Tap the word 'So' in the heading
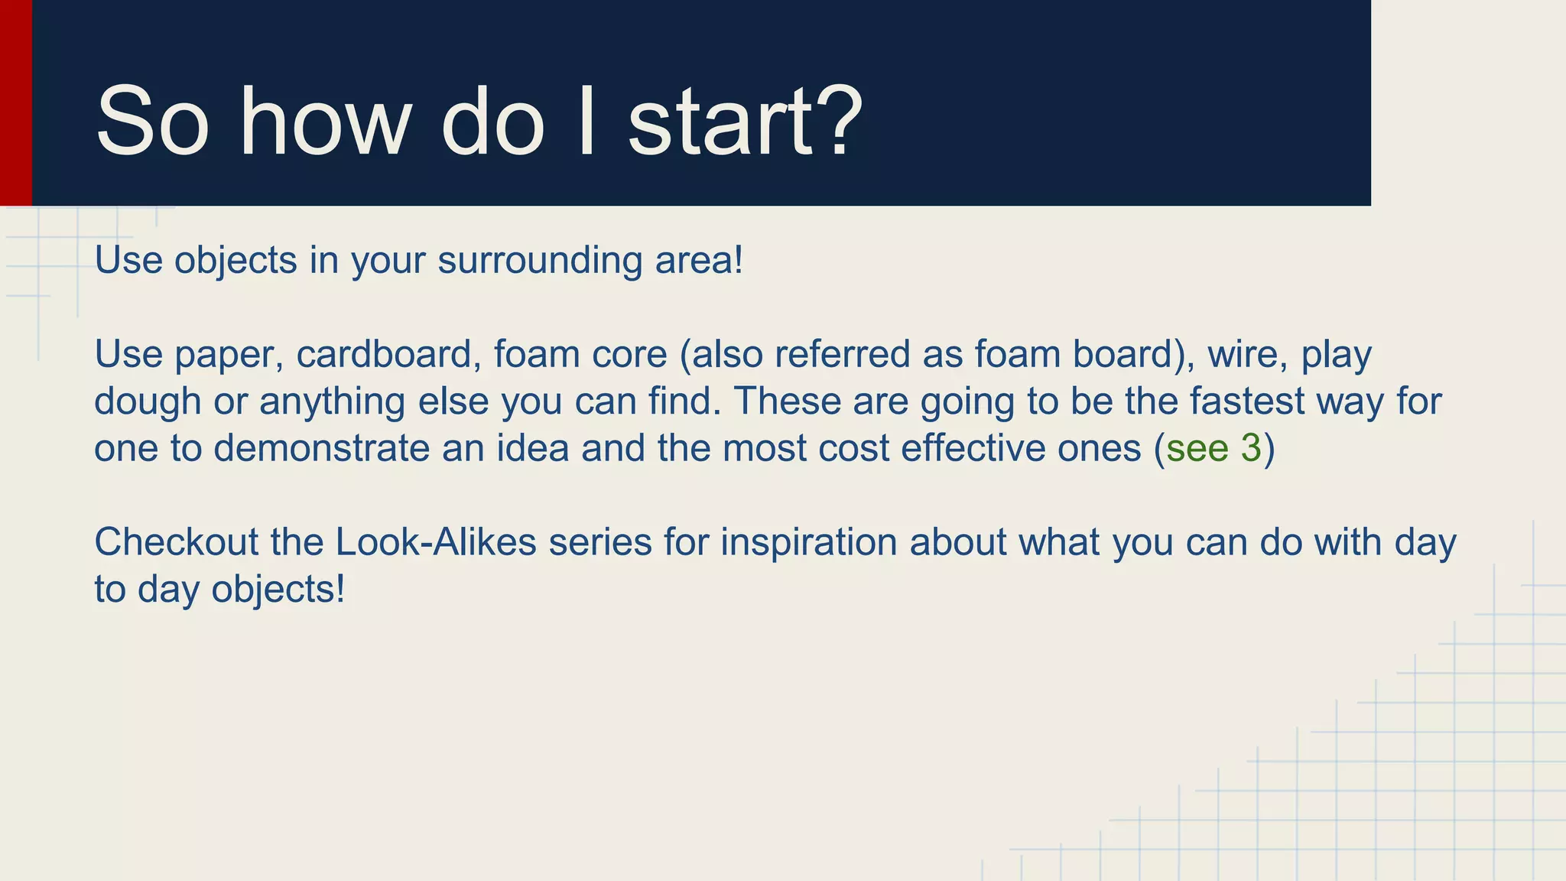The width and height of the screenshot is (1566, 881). [x=151, y=122]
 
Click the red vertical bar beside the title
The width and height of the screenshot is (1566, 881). [x=15, y=102]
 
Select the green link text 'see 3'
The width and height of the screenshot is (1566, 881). [x=1213, y=448]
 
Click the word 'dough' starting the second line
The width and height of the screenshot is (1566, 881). [x=148, y=401]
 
